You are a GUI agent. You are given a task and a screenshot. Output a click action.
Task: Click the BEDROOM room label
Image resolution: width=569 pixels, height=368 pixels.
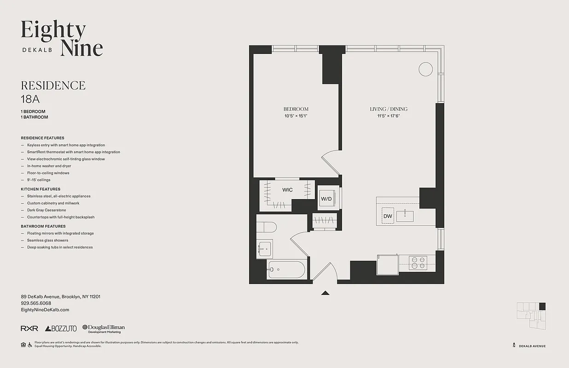tap(296, 109)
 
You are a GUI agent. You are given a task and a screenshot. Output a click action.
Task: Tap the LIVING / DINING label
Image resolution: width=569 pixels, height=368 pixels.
tap(389, 109)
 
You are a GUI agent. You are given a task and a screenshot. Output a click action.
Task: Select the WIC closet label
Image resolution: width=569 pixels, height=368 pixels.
tap(287, 190)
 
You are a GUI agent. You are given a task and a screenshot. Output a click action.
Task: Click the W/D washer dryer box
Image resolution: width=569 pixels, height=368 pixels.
tap(326, 198)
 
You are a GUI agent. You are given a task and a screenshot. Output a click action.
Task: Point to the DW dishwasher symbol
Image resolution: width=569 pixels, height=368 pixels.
tap(388, 216)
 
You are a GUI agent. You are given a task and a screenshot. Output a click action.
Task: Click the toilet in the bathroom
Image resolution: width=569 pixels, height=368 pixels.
tap(266, 228)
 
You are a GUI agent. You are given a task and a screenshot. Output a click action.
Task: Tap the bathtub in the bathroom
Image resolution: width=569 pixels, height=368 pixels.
tap(286, 270)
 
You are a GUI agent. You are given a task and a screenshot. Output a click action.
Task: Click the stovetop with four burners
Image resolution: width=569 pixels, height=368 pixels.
tap(418, 263)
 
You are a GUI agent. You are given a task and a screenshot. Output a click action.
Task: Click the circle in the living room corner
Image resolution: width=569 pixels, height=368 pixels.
tap(425, 69)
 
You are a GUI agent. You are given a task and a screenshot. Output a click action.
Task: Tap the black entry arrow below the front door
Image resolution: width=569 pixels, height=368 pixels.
tap(325, 293)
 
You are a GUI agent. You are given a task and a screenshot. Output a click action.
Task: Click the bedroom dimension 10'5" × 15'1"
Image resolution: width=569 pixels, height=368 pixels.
tap(296, 116)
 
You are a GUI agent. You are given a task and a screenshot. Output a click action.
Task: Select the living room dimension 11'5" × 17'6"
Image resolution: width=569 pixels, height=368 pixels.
tap(389, 116)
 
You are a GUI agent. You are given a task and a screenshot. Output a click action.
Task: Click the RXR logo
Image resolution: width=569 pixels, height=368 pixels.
tap(29, 328)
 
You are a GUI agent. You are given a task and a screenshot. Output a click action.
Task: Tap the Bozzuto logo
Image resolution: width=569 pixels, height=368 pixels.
tap(61, 328)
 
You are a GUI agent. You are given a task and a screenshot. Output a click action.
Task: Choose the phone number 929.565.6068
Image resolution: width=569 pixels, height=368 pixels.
tap(36, 303)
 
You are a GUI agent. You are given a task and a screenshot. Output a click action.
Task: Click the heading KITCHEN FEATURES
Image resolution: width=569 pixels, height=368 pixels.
tap(41, 189)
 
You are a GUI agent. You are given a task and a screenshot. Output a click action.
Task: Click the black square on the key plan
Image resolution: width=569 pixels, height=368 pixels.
tap(542, 306)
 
